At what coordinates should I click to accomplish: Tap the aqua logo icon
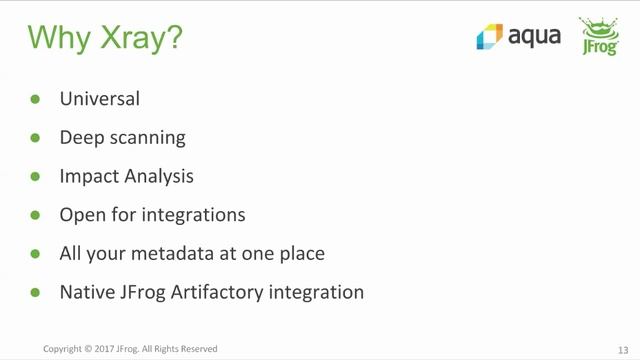[x=489, y=37]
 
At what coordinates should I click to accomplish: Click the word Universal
[x=99, y=99]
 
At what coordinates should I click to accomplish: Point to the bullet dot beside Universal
[x=35, y=99]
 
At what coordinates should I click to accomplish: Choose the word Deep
[x=79, y=138]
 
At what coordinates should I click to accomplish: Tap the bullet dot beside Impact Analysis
[x=35, y=176]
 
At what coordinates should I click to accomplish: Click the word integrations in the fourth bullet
[x=195, y=215]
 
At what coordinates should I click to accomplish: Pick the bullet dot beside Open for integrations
[x=35, y=215]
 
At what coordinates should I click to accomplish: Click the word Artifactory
[x=213, y=293]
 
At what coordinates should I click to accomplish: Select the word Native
[x=85, y=293]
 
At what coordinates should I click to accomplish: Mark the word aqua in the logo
[x=534, y=37]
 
